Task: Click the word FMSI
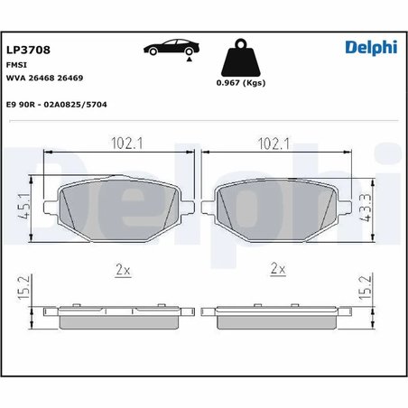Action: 16,66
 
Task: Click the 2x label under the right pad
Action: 278,269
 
